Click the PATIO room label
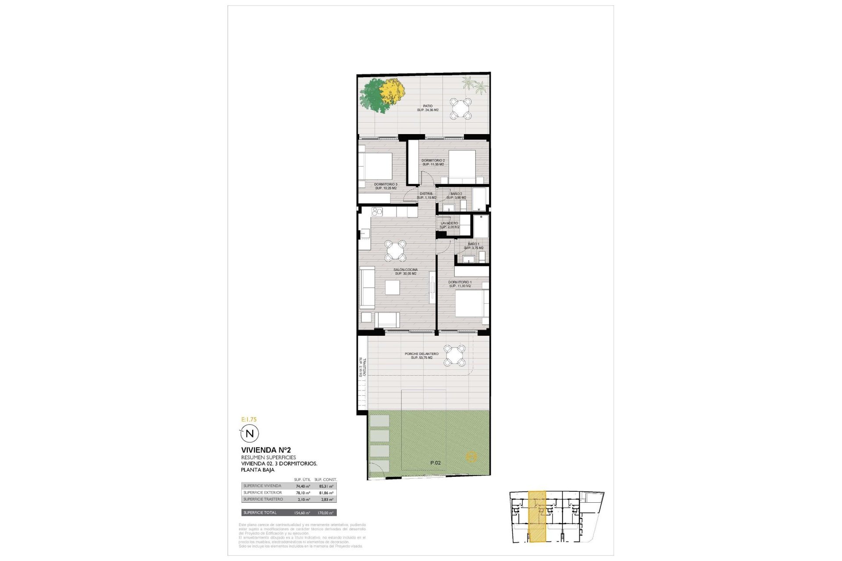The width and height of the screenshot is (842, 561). [428, 108]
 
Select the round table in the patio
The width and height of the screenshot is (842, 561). [460, 108]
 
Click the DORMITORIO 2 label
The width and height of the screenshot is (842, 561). [433, 162]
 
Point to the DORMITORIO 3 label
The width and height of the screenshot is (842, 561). [385, 186]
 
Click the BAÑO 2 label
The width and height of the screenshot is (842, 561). [456, 195]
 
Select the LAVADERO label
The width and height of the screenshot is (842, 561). [450, 225]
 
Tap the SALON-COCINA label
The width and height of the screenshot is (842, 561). [405, 272]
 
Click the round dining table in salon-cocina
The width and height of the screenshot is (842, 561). [396, 251]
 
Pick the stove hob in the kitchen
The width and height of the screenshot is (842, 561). [377, 212]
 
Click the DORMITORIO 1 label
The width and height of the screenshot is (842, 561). [460, 284]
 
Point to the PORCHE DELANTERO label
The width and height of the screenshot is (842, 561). [421, 355]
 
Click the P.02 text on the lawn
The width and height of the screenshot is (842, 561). [435, 463]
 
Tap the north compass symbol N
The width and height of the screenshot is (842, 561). [250, 434]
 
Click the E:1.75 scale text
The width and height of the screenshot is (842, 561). [249, 419]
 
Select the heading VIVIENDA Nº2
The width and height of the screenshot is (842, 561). [266, 450]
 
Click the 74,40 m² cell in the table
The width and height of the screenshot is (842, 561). [303, 486]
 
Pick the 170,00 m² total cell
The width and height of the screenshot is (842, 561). [325, 513]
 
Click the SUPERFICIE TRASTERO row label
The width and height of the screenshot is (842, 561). [263, 499]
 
